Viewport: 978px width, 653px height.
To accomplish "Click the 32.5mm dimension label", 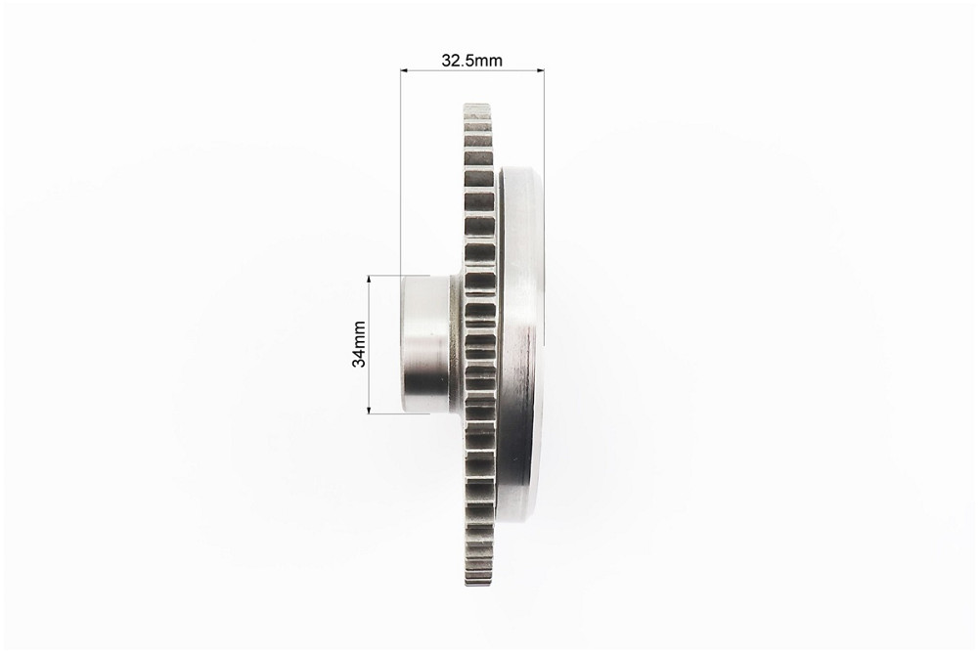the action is pos(471,61).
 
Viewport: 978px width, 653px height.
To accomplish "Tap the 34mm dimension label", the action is pos(359,344).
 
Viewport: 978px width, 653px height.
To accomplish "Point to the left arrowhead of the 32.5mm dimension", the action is pos(404,70).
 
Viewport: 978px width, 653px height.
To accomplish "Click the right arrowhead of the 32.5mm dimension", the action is pos(541,70).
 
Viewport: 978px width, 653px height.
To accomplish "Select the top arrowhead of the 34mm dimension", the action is pos(369,279).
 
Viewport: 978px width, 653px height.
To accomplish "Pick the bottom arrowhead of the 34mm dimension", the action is pos(369,410).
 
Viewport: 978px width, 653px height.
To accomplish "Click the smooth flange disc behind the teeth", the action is pos(520,344).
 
